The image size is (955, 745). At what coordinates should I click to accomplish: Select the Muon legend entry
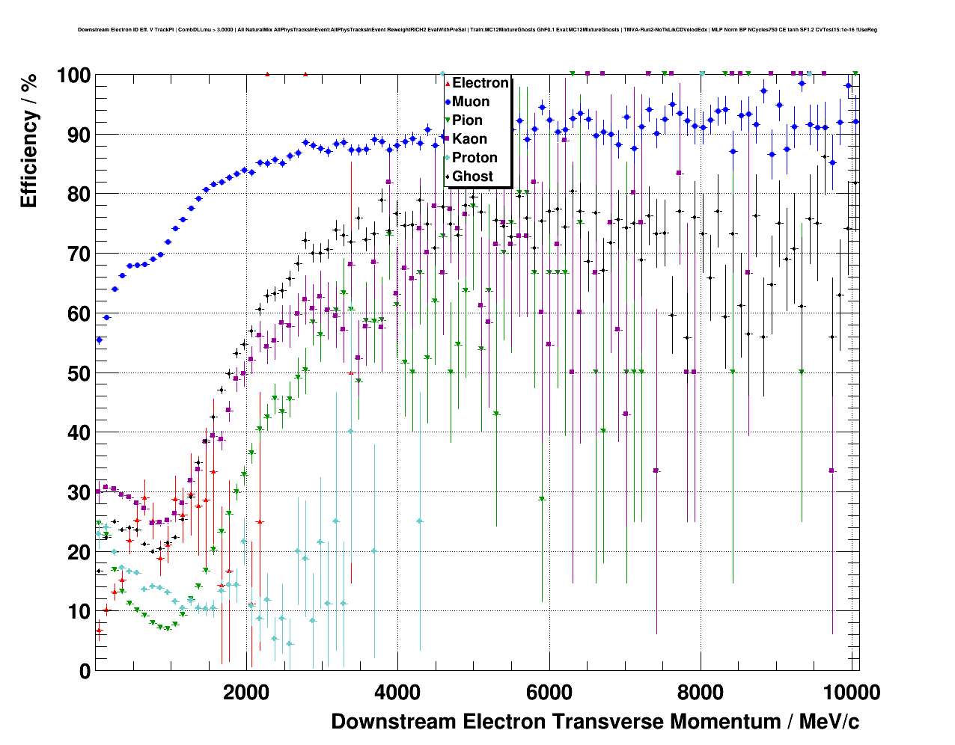(470, 102)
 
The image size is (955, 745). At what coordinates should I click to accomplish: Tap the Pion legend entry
(467, 120)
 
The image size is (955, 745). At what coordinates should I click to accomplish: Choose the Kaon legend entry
(469, 139)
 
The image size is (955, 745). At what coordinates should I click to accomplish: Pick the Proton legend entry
(475, 158)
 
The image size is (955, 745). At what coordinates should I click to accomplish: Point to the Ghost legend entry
(472, 177)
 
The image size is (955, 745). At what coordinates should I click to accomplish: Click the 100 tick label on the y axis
(73, 76)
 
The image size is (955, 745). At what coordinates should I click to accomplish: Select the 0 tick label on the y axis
(85, 672)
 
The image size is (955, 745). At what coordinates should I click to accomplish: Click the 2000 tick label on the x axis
(246, 693)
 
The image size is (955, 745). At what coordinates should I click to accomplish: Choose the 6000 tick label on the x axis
(549, 693)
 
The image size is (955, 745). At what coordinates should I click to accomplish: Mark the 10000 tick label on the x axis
(852, 693)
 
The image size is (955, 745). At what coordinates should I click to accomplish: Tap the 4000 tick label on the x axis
(397, 693)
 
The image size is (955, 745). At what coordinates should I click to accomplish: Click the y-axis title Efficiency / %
(29, 140)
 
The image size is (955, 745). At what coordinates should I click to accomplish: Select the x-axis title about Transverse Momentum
(595, 722)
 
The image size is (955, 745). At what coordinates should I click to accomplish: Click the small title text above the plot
(478, 30)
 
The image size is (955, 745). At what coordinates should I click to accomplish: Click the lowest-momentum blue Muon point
(99, 340)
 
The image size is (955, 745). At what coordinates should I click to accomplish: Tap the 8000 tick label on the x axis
(701, 693)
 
